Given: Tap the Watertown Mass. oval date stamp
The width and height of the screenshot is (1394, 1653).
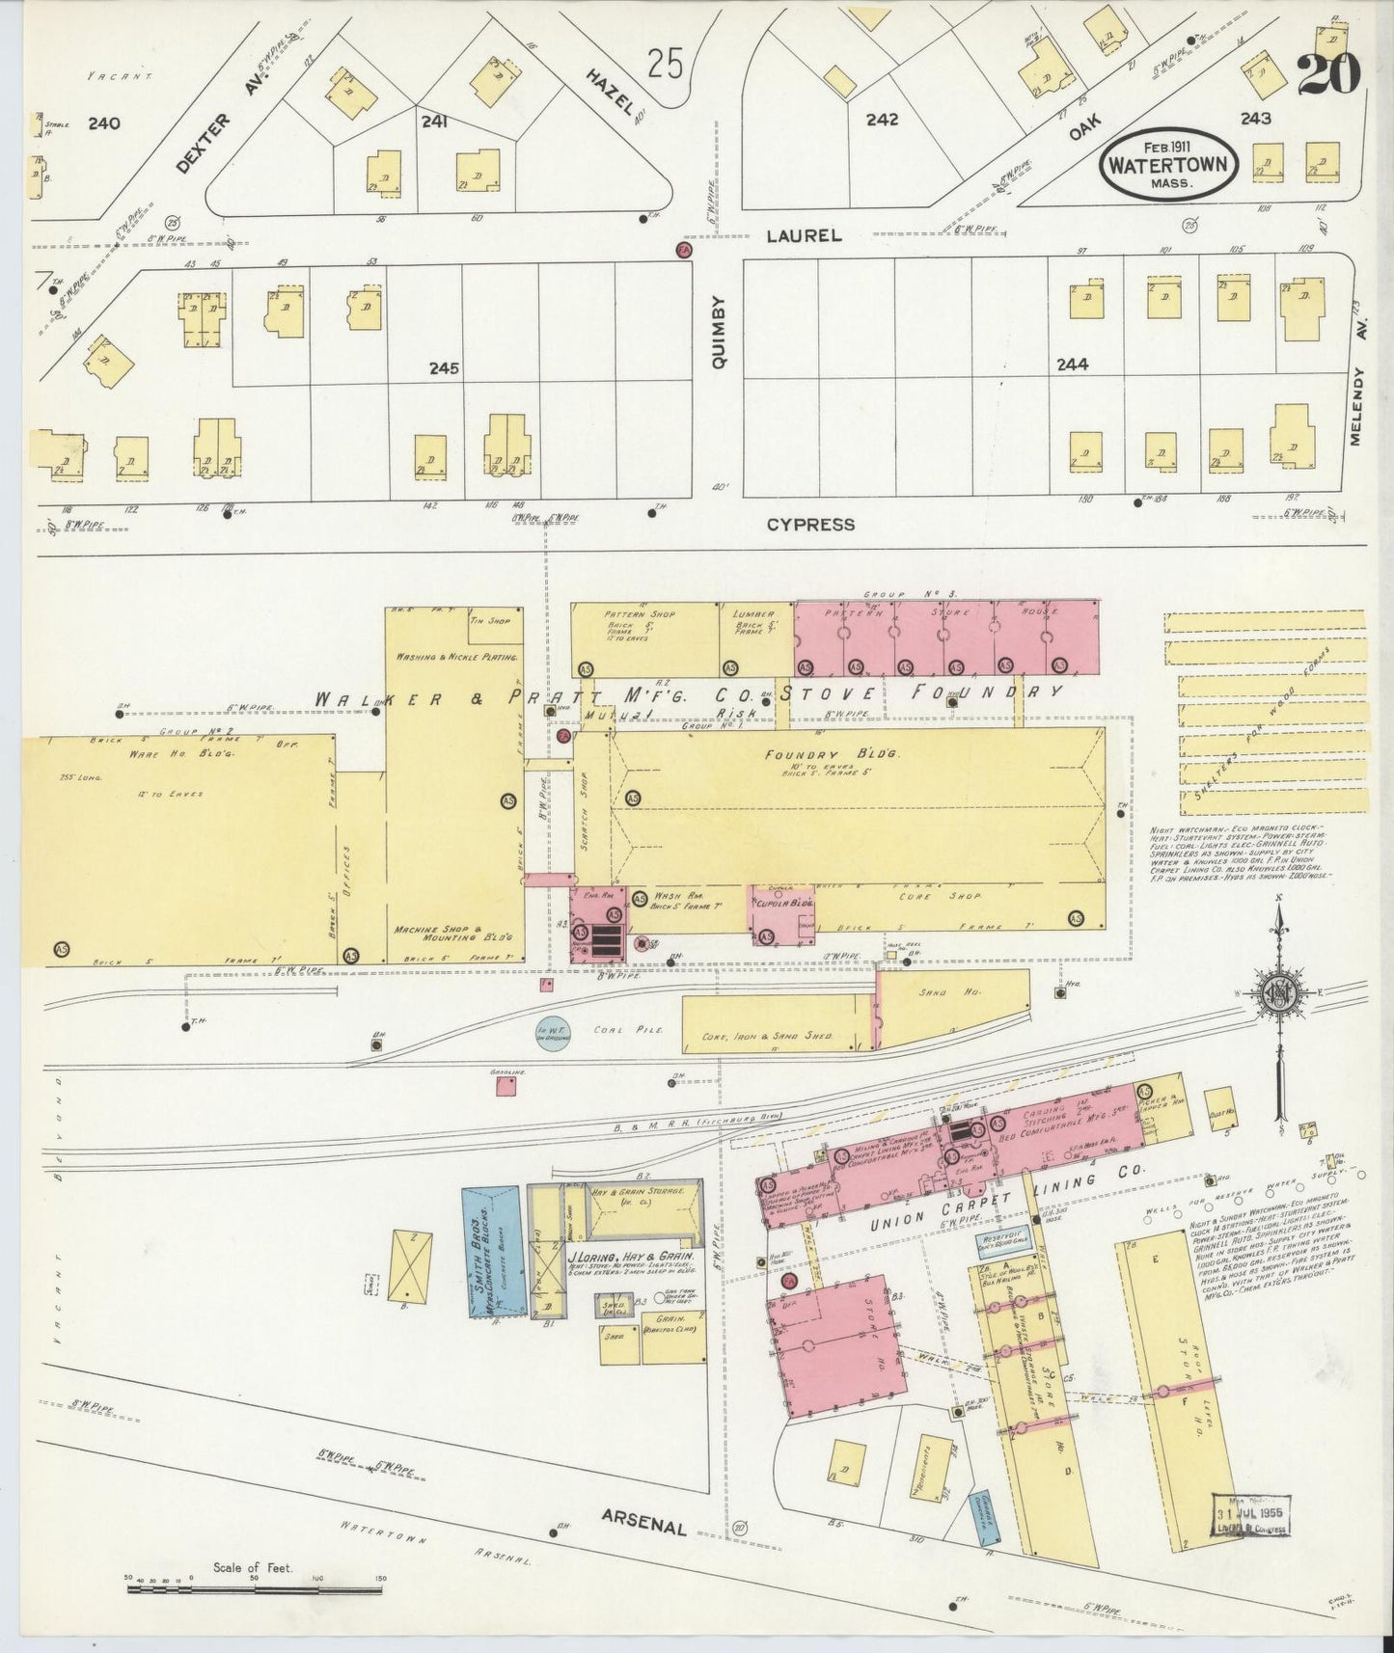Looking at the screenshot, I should click(x=1167, y=165).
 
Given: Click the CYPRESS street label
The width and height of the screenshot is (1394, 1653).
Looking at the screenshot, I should click(x=810, y=525).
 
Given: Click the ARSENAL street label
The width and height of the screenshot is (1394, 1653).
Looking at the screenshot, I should click(x=643, y=1521).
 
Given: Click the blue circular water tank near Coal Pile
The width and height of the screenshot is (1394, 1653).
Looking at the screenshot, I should click(x=553, y=1032).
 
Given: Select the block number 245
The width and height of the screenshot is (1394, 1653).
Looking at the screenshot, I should click(x=444, y=368).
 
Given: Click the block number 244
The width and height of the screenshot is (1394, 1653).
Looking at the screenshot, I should click(x=1072, y=365).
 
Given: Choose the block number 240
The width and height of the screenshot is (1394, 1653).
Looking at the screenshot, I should click(x=103, y=123).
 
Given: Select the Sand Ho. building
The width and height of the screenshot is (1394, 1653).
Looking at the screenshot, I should click(x=951, y=1007).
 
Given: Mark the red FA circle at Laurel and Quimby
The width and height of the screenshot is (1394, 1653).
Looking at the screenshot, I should click(x=684, y=251).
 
